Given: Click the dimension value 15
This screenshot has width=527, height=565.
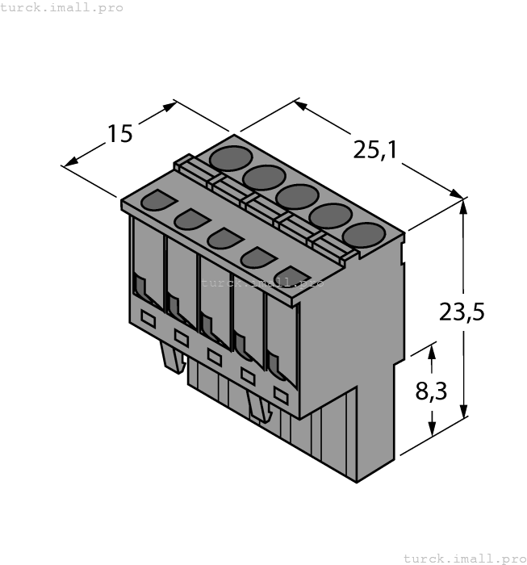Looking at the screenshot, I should click(x=119, y=133).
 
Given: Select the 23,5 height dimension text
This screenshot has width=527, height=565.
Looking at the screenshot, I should click(x=462, y=311).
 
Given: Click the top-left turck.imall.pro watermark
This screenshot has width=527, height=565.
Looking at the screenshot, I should click(x=62, y=7).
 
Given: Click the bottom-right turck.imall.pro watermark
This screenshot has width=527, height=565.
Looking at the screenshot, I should click(x=464, y=558).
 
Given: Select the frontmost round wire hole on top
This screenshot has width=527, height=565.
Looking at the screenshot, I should click(x=363, y=235).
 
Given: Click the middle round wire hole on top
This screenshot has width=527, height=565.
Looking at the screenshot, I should click(x=297, y=196).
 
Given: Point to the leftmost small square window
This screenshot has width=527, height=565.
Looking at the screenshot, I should click(x=148, y=319).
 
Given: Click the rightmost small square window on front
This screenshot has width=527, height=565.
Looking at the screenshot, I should click(x=281, y=395).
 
